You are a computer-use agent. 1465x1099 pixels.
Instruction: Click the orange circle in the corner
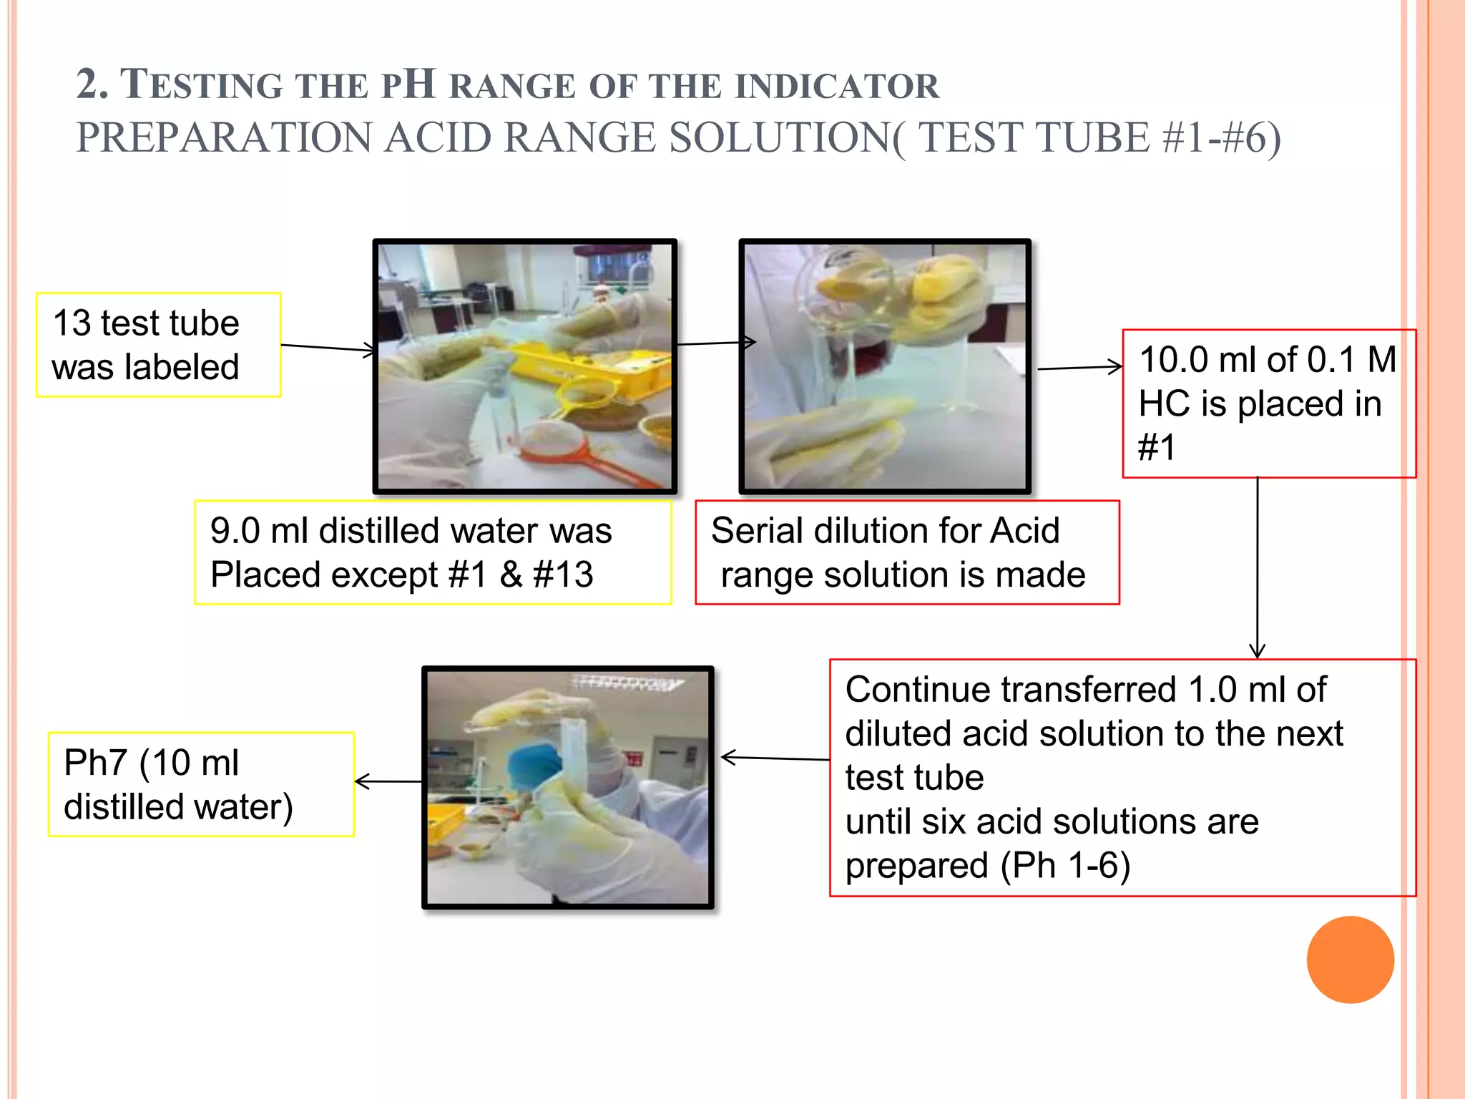point(1350,959)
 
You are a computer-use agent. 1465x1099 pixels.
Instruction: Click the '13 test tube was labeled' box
point(159,345)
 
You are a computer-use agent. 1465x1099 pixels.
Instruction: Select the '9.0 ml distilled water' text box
point(433,552)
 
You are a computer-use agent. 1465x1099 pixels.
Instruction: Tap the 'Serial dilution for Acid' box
point(906,552)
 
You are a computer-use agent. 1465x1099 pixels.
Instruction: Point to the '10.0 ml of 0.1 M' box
point(1268,404)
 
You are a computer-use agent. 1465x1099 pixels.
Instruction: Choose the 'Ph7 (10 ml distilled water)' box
point(201,784)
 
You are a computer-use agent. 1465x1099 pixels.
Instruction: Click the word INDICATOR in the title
point(837,87)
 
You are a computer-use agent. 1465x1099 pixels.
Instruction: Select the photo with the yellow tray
point(524,366)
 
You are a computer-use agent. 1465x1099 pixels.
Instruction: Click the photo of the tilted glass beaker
point(885,366)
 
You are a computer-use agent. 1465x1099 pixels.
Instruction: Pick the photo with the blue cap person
point(568,787)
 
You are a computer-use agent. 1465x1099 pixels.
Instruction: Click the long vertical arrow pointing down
point(1257,565)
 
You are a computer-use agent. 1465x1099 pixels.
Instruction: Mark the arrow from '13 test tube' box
point(328,348)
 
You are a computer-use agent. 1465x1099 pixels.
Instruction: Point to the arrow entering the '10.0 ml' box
point(1080,368)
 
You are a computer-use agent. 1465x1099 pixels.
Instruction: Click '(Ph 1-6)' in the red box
point(1065,866)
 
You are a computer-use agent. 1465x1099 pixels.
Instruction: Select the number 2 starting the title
point(89,85)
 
